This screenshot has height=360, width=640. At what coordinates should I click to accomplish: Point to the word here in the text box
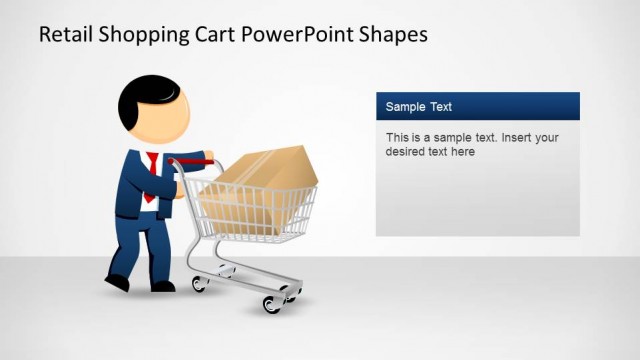(x=462, y=153)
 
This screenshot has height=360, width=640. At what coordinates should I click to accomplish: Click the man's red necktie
(x=150, y=176)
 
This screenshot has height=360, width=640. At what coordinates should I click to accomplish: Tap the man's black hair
(x=135, y=97)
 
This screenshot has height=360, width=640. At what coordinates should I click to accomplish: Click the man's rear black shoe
(x=117, y=280)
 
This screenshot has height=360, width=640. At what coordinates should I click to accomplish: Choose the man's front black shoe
(x=161, y=286)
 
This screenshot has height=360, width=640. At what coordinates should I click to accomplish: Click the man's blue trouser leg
(x=155, y=245)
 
